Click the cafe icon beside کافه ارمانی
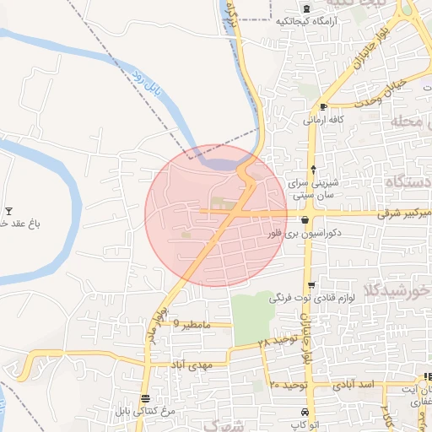point(323,106)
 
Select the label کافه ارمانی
point(324,121)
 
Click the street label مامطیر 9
point(189,322)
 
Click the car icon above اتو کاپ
point(303,412)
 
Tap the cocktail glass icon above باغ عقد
point(9,211)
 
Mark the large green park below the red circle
point(252,316)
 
